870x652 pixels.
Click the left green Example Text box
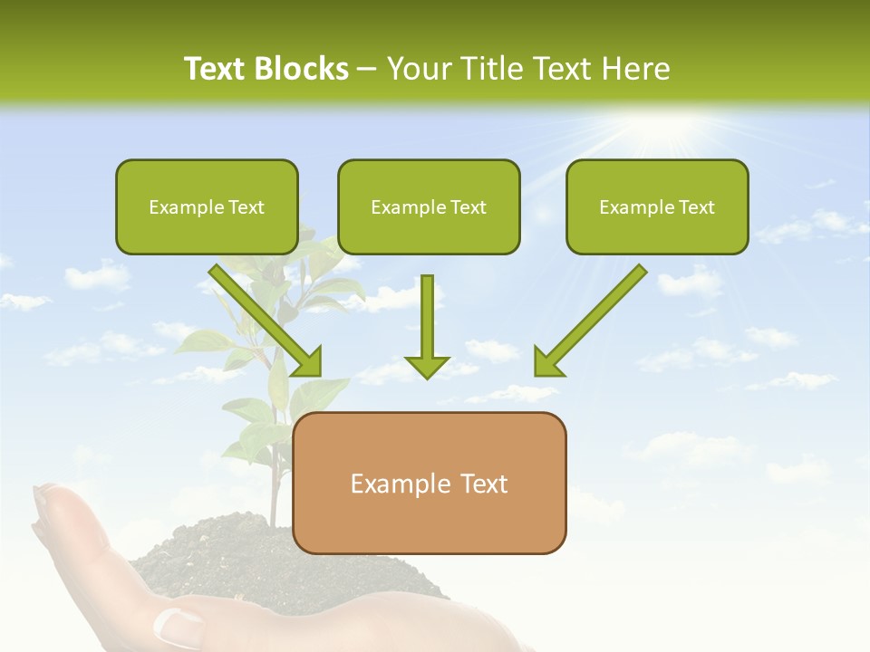(x=207, y=206)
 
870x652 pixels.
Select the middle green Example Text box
(x=429, y=206)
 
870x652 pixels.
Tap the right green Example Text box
(x=657, y=206)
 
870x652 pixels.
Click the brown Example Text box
(x=430, y=484)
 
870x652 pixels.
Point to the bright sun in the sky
(x=671, y=127)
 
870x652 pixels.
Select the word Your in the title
(x=418, y=69)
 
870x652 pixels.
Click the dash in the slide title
(x=368, y=69)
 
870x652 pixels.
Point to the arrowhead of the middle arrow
(x=427, y=366)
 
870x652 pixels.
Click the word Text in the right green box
(x=696, y=206)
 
